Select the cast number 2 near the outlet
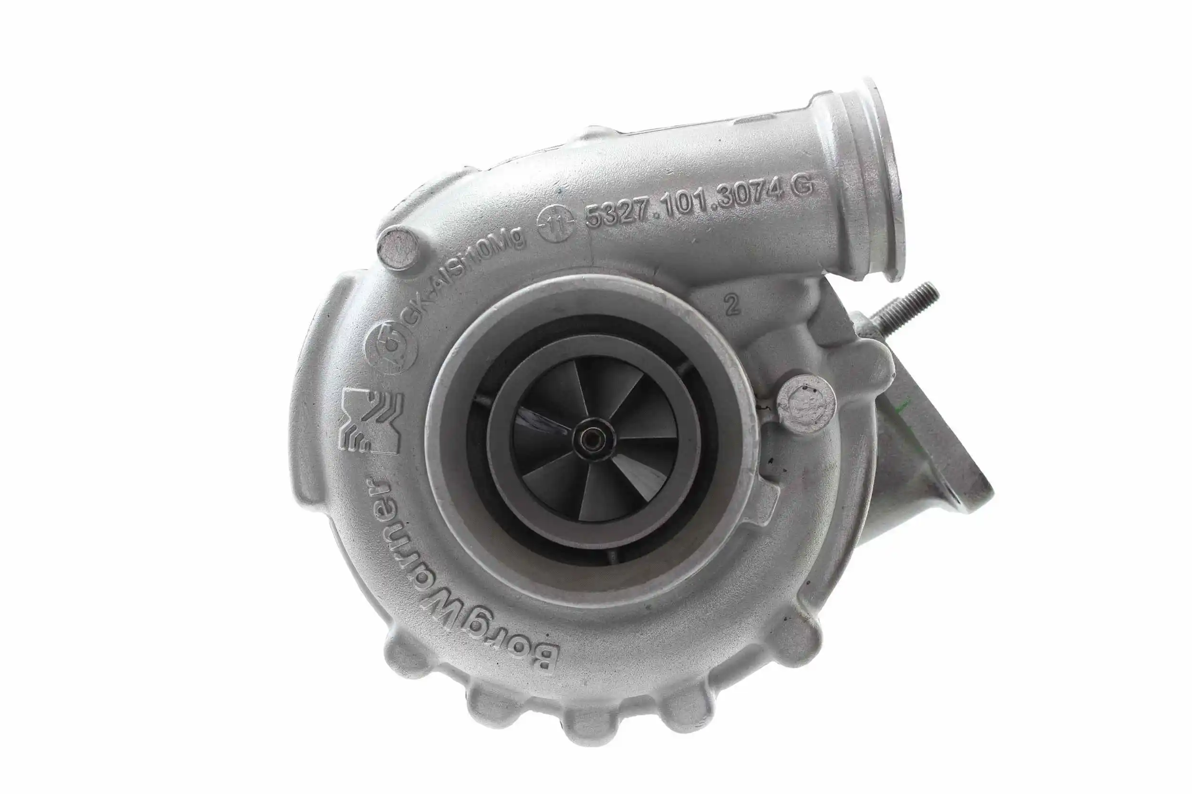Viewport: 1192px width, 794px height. coord(731,305)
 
